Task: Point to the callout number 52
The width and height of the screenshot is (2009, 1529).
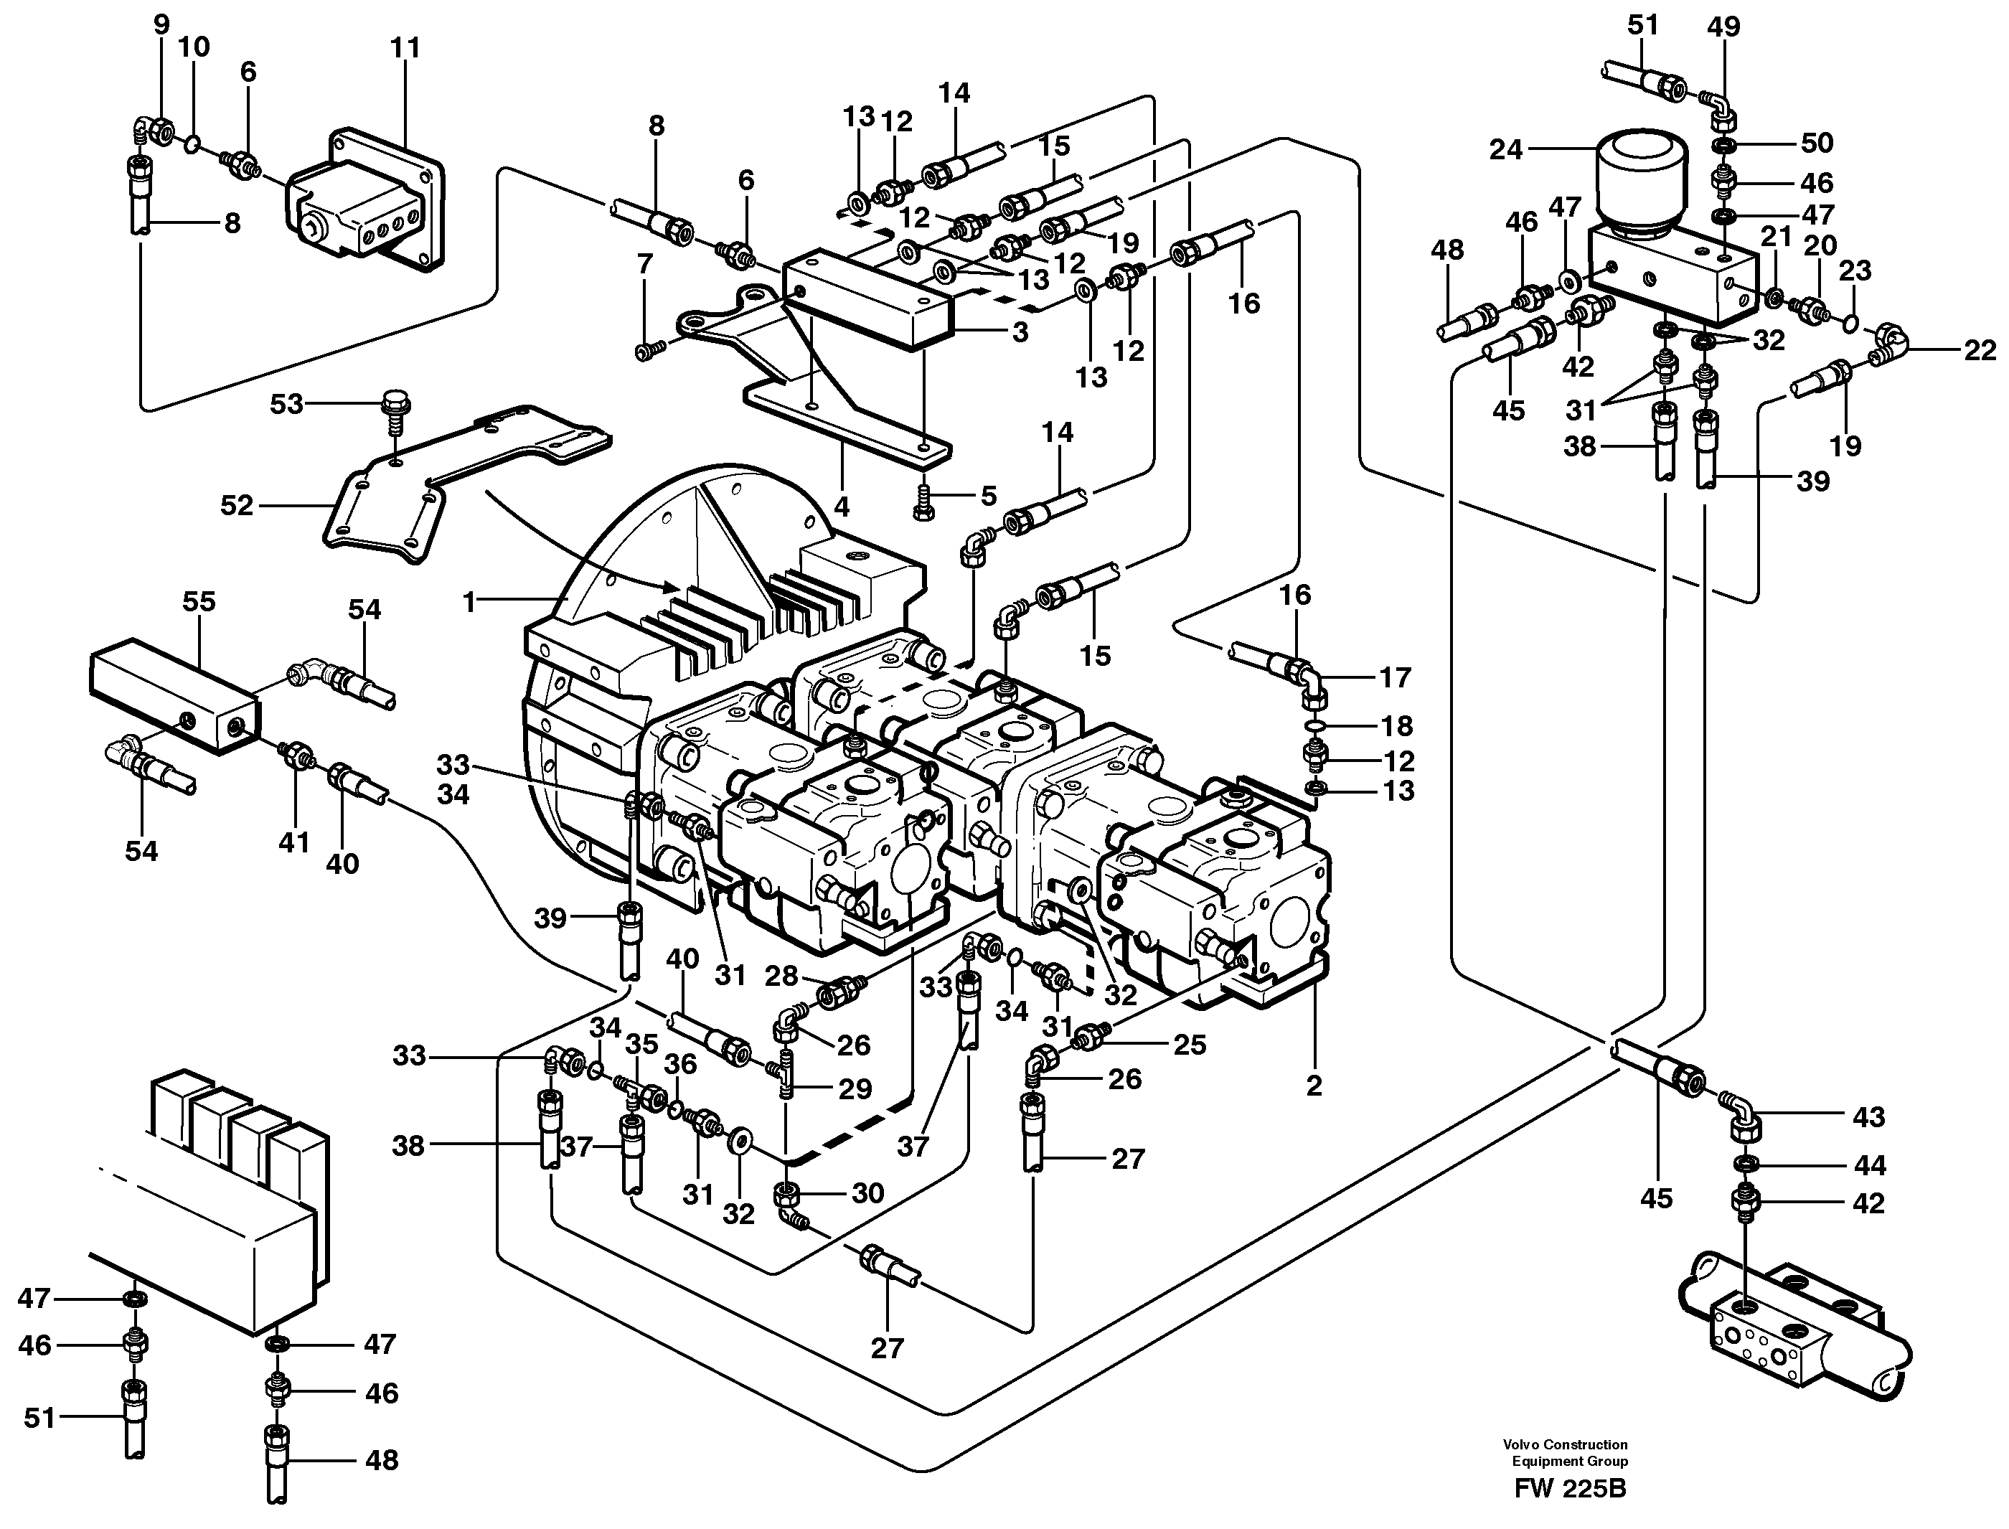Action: [237, 505]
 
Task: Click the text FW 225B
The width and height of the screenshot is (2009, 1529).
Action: [1571, 1490]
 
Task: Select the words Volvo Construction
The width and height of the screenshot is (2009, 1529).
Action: [1565, 1444]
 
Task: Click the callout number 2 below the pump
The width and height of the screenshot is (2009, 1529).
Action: [1314, 1085]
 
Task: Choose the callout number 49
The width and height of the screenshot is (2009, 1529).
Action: [1723, 27]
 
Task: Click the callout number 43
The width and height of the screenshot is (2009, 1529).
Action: [1869, 1116]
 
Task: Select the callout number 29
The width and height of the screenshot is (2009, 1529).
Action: [855, 1088]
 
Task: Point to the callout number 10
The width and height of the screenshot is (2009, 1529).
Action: [193, 47]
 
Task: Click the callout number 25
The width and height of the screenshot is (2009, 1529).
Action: [1189, 1045]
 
